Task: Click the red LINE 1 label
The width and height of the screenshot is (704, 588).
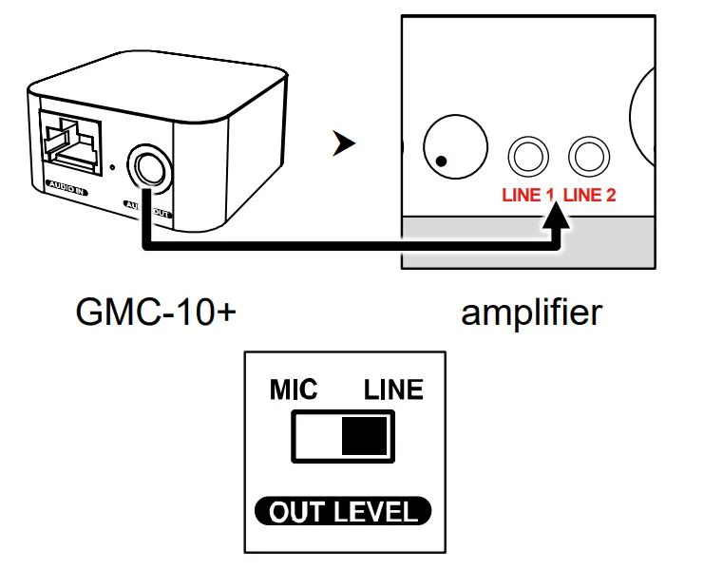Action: [x=527, y=196]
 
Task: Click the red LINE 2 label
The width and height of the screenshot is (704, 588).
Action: [x=590, y=196]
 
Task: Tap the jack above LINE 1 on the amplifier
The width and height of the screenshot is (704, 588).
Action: [x=527, y=155]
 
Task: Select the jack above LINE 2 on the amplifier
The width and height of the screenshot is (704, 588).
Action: [x=587, y=155]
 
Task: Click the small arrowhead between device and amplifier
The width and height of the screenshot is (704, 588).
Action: [x=343, y=144]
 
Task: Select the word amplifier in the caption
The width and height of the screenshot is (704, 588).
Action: [x=531, y=312]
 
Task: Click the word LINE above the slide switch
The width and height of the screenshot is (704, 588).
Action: [x=394, y=390]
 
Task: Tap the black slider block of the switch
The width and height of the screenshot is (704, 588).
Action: [x=365, y=436]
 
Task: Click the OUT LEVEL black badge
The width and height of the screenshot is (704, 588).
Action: [x=343, y=512]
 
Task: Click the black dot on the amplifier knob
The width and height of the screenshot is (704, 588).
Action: [x=441, y=160]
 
